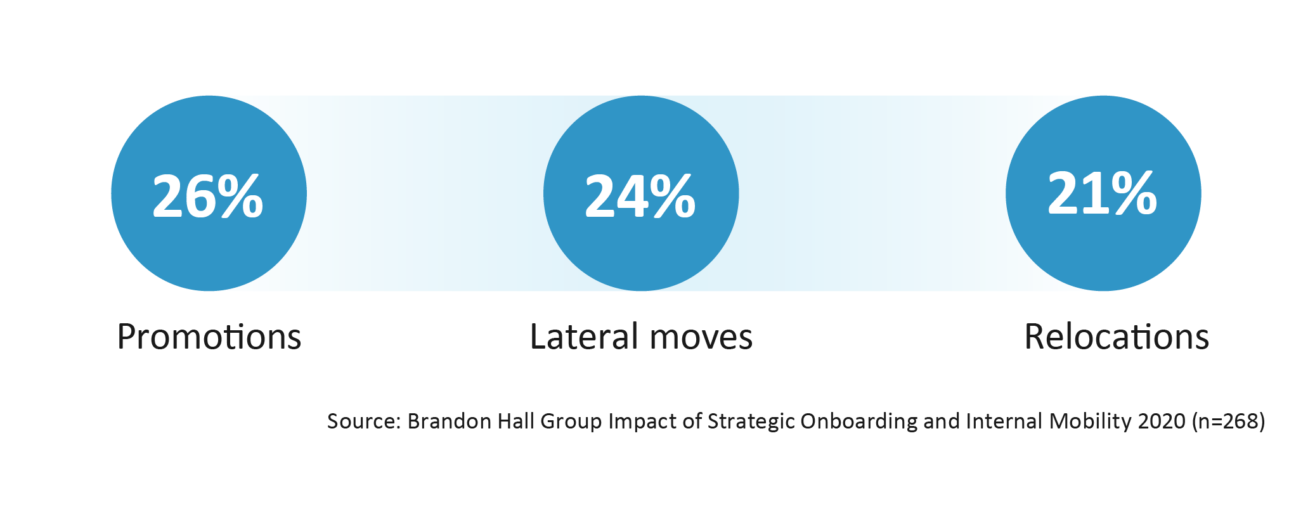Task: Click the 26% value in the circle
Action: (208, 196)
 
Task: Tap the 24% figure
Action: (640, 196)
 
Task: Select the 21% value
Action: (1102, 193)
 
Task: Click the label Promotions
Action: (209, 337)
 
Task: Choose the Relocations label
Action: (1117, 337)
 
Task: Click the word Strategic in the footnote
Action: (751, 422)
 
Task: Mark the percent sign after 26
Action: (240, 196)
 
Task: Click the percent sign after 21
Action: (1134, 193)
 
